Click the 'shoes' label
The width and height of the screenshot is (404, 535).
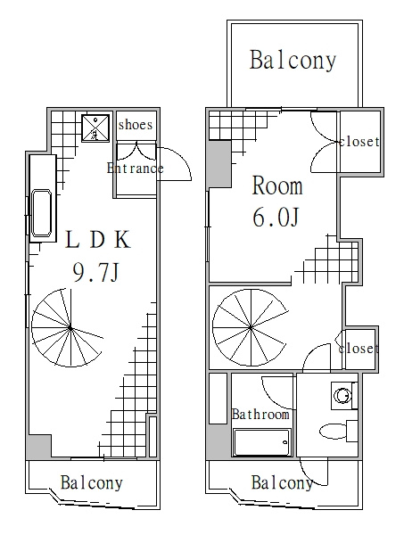pyautogui.click(x=136, y=125)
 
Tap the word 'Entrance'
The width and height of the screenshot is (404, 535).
pyautogui.click(x=136, y=169)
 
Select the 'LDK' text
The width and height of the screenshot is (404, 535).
pyautogui.click(x=98, y=240)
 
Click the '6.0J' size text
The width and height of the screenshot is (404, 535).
pyautogui.click(x=276, y=217)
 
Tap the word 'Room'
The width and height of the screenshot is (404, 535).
pyautogui.click(x=277, y=186)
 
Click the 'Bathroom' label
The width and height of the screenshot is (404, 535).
pyautogui.click(x=260, y=415)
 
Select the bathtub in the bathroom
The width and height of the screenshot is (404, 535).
pyautogui.click(x=261, y=442)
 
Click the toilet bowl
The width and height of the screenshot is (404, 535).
pyautogui.click(x=333, y=431)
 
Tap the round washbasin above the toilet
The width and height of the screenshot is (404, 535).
pyautogui.click(x=342, y=396)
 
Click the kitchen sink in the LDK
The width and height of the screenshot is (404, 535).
pyautogui.click(x=42, y=213)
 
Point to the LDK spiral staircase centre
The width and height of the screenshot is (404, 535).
pyautogui.click(x=70, y=328)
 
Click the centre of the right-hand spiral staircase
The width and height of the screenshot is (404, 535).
pyautogui.click(x=251, y=328)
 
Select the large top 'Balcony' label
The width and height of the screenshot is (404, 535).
pyautogui.click(x=293, y=61)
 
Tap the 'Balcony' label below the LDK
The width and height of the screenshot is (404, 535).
pyautogui.click(x=92, y=482)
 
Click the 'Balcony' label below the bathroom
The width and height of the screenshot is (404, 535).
pyautogui.click(x=282, y=482)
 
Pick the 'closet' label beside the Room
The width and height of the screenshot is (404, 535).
pyautogui.click(x=359, y=141)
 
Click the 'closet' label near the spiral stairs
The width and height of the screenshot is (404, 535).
pyautogui.click(x=359, y=349)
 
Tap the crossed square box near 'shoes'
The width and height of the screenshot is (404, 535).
pyautogui.click(x=95, y=128)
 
